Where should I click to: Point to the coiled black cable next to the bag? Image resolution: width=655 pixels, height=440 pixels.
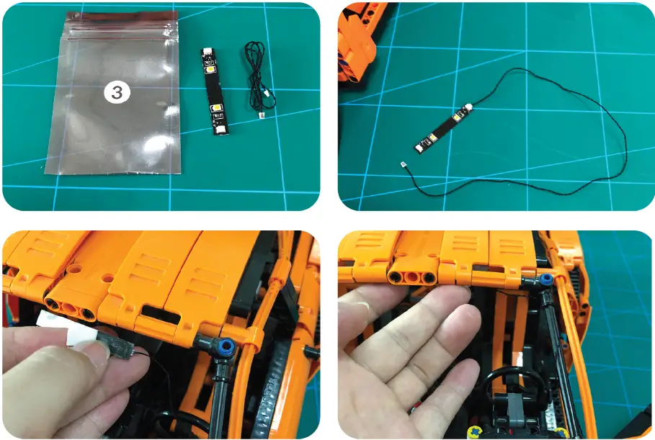253,72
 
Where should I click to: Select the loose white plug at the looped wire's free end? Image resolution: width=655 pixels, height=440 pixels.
403,165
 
